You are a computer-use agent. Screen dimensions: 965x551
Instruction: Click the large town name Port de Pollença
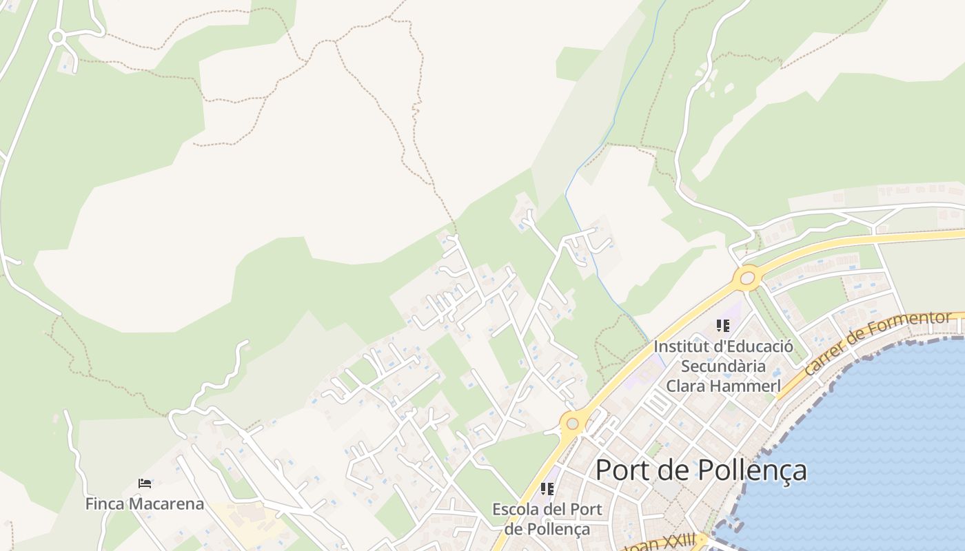click(x=701, y=470)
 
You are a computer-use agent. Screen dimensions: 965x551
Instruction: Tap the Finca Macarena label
click(x=145, y=504)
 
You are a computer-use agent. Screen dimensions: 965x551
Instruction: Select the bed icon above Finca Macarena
click(x=145, y=484)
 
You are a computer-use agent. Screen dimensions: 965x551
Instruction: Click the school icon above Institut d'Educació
click(x=722, y=325)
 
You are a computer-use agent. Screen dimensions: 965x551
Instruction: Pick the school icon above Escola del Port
click(x=547, y=489)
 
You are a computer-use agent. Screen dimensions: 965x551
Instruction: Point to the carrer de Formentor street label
click(x=876, y=343)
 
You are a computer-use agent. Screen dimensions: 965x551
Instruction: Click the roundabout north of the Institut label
click(x=748, y=278)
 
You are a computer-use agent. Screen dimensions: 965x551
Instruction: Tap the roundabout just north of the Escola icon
click(x=572, y=423)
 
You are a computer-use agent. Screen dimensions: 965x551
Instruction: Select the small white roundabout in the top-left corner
click(x=57, y=37)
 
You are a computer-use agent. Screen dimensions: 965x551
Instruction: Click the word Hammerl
click(x=747, y=386)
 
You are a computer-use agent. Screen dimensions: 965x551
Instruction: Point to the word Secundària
click(x=723, y=366)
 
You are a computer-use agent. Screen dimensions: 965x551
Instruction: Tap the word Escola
click(x=518, y=510)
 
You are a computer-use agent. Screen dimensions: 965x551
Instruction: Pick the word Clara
click(x=690, y=386)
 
